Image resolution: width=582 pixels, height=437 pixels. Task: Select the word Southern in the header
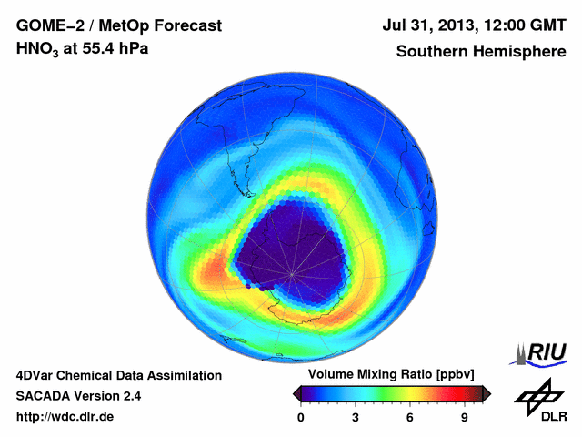coord(431,51)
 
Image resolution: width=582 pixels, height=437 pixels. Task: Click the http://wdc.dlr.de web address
coord(65,417)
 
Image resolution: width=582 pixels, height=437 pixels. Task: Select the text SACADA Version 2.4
coord(78,396)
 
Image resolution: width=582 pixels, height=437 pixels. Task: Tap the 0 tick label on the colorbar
coord(301,417)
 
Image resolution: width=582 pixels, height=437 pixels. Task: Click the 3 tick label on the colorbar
coord(356,417)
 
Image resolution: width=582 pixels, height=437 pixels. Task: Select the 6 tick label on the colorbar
coord(410,417)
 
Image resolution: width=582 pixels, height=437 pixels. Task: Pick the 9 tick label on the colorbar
coord(464,417)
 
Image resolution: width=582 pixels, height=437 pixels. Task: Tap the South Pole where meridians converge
coord(292,274)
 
